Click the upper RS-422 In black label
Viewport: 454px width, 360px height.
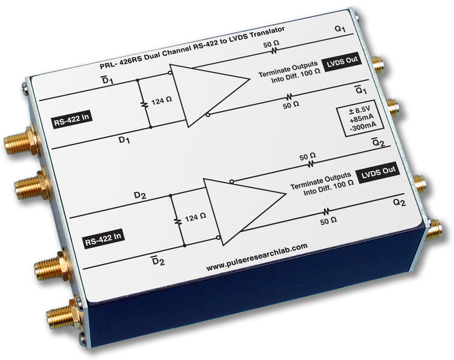(73, 123)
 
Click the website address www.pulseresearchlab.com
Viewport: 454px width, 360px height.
(259, 249)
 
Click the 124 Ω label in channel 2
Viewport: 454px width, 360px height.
(195, 217)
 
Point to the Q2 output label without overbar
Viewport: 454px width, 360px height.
(399, 202)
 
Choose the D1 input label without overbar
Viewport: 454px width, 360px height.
(124, 140)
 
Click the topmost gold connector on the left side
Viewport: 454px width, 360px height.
(21, 143)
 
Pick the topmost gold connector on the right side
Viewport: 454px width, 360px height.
(378, 66)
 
